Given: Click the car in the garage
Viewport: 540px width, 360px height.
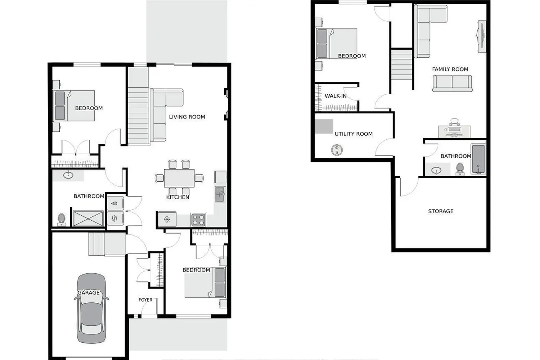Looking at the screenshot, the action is pos(91,308).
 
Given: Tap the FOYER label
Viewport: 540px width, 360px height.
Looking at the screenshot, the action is pos(145,300).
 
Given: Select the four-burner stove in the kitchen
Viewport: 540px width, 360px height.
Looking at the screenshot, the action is pos(198,220).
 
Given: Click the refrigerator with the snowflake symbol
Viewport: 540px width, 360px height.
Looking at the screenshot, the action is pos(167,219).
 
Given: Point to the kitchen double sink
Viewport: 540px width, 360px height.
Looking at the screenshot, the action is pos(220,194).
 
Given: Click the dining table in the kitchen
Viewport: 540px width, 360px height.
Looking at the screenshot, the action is pos(179,178).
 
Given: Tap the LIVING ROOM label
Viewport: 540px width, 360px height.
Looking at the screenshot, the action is pos(187,117).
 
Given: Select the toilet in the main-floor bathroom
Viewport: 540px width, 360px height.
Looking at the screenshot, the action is pos(62,220).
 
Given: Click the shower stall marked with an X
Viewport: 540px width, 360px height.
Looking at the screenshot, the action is pos(88,219).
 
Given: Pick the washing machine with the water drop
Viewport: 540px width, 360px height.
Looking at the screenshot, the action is pos(116,203).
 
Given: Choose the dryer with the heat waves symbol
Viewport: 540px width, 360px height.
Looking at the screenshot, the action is pos(116,219).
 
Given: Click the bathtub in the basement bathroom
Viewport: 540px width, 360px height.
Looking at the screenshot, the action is pos(478,159).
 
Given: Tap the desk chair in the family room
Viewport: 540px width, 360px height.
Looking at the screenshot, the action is pos(454,122).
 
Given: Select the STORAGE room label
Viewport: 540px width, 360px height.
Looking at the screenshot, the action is pos(441,211).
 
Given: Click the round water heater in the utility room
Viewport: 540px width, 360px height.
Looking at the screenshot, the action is pos(337,150).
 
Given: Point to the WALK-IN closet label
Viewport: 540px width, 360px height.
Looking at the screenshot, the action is pos(336,96).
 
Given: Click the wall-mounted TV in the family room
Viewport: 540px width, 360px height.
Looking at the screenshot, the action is pos(481,36).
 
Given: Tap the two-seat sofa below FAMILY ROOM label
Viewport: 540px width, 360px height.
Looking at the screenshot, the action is pos(452,84).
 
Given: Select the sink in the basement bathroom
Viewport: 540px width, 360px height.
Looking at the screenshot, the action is pos(436,171).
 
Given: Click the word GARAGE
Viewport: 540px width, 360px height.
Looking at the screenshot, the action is pos(89,293).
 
